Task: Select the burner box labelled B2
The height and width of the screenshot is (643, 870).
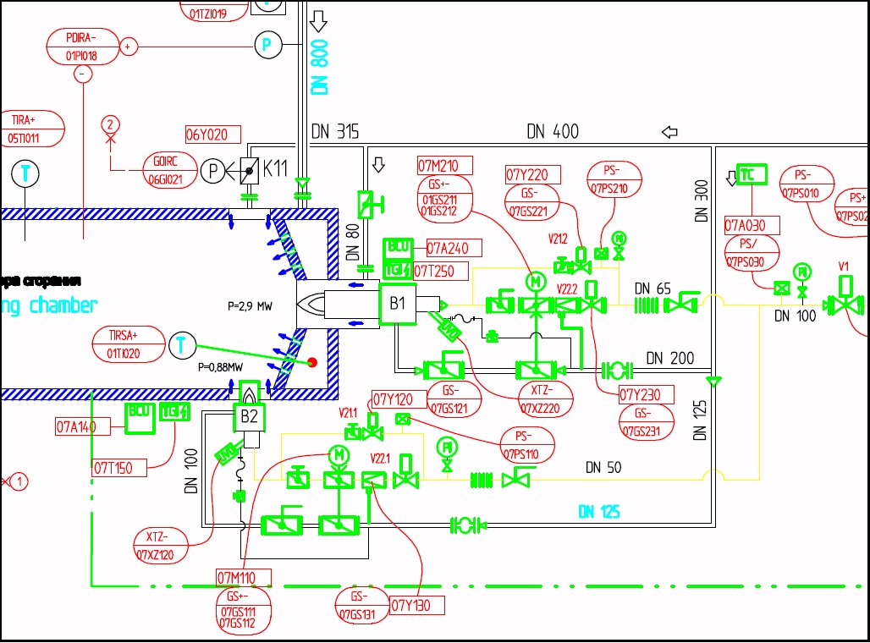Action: point(249,417)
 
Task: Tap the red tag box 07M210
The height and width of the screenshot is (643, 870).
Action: point(444,165)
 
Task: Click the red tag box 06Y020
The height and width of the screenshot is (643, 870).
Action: point(213,135)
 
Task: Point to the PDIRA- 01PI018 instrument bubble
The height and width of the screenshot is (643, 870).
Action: point(81,47)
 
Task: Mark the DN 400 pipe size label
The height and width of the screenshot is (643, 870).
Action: point(553,132)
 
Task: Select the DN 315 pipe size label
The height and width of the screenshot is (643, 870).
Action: point(335,132)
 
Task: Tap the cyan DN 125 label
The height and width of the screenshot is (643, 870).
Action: point(598,511)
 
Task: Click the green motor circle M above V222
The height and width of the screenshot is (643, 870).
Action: point(535,280)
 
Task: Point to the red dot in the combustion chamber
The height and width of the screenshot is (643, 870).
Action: point(312,363)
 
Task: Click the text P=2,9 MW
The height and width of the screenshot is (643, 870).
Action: point(251,305)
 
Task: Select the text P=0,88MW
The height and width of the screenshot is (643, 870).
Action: point(220,368)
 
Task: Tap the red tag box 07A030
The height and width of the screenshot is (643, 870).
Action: point(752,226)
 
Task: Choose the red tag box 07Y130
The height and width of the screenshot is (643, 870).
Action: point(416,606)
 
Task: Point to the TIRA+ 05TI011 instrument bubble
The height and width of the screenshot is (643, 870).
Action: point(32,129)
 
